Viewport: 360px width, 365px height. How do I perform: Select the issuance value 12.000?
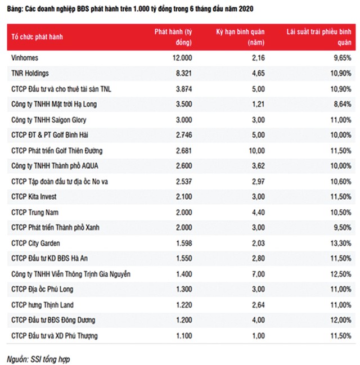(x=181, y=58)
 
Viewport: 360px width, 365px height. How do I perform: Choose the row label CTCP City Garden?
(x=35, y=243)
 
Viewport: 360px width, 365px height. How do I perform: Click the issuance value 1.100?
(x=182, y=336)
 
